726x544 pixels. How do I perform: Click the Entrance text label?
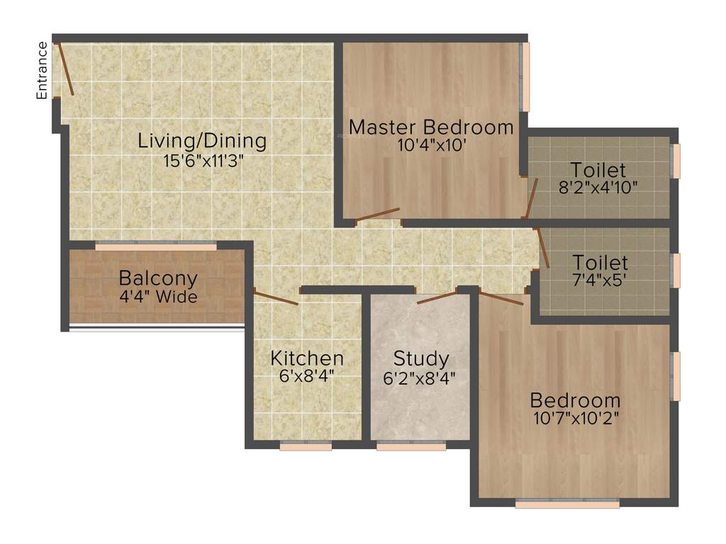click(43, 70)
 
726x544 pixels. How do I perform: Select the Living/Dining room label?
click(202, 140)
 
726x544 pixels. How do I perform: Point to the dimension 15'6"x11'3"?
click(202, 161)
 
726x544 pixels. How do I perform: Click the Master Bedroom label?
click(431, 127)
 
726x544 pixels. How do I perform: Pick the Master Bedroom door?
click(378, 215)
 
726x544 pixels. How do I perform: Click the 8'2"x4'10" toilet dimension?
click(599, 188)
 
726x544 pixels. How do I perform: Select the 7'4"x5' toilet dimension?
click(600, 280)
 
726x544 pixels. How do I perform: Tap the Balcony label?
click(158, 278)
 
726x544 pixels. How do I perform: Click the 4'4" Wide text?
click(158, 297)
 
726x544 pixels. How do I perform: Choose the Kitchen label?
click(307, 358)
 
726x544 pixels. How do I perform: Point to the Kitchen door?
click(276, 298)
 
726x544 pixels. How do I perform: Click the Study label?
click(421, 358)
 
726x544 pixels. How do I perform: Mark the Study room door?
click(437, 297)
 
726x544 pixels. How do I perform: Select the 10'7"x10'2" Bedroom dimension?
click(576, 418)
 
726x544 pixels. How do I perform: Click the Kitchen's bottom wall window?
click(306, 446)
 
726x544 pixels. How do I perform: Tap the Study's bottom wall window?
click(411, 446)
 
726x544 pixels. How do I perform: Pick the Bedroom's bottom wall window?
click(567, 504)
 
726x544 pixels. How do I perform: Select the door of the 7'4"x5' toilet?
click(542, 247)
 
